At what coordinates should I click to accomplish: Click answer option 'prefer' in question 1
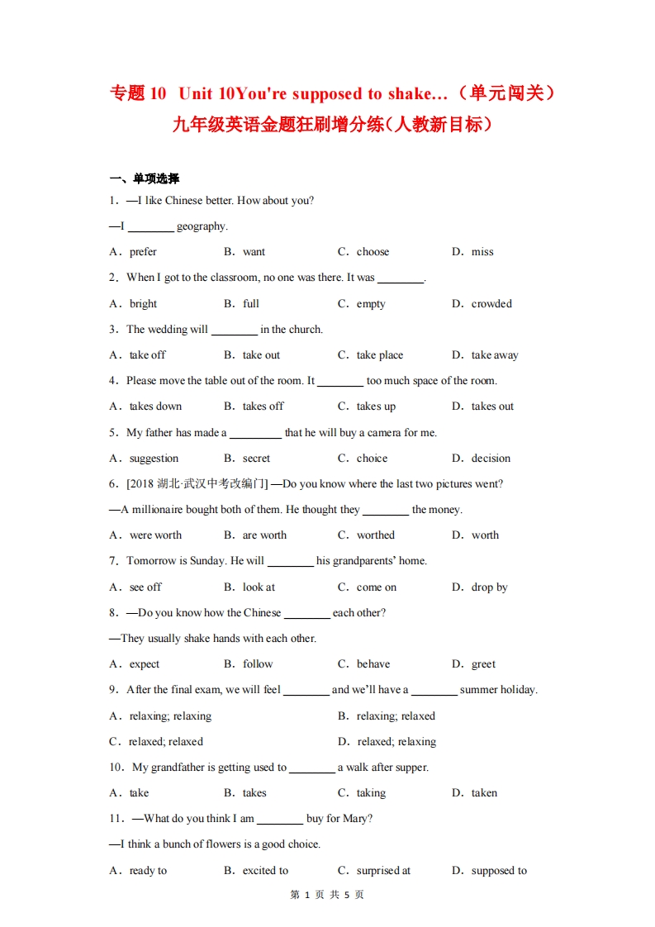pyautogui.click(x=143, y=252)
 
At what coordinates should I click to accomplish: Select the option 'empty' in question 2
pyautogui.click(x=371, y=304)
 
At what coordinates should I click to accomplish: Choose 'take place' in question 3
pyautogui.click(x=380, y=355)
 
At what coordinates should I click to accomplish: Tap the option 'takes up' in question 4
pyautogui.click(x=376, y=406)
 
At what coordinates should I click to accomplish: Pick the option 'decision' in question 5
pyautogui.click(x=491, y=459)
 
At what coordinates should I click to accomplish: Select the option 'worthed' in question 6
pyautogui.click(x=376, y=535)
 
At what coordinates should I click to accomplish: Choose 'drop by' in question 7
pyautogui.click(x=489, y=587)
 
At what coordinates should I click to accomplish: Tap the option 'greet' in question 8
pyautogui.click(x=483, y=664)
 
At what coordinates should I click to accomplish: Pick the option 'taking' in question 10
pyautogui.click(x=371, y=793)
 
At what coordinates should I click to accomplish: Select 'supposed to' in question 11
pyautogui.click(x=499, y=871)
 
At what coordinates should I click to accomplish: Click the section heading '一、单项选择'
pyautogui.click(x=145, y=178)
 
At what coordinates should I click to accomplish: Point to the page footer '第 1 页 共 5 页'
pyautogui.click(x=328, y=895)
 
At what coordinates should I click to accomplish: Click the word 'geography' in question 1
pyautogui.click(x=202, y=226)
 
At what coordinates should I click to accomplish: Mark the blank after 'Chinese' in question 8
pyautogui.click(x=306, y=614)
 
